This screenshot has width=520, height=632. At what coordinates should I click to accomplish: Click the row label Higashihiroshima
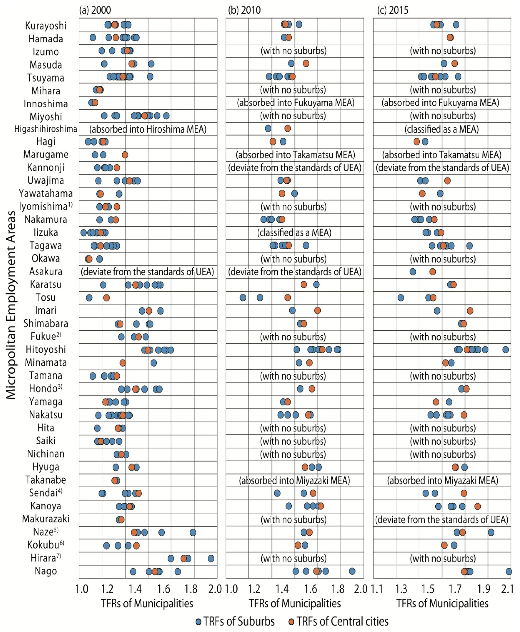tap(46, 129)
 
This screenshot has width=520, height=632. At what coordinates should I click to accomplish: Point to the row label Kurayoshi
tap(46, 26)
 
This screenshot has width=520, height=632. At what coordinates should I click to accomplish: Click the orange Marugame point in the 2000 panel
tap(125, 155)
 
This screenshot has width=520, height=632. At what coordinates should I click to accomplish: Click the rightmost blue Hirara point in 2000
tap(211, 558)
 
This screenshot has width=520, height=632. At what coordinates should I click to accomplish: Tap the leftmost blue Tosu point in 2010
tap(243, 297)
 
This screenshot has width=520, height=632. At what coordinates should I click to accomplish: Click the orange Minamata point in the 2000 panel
tap(122, 363)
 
